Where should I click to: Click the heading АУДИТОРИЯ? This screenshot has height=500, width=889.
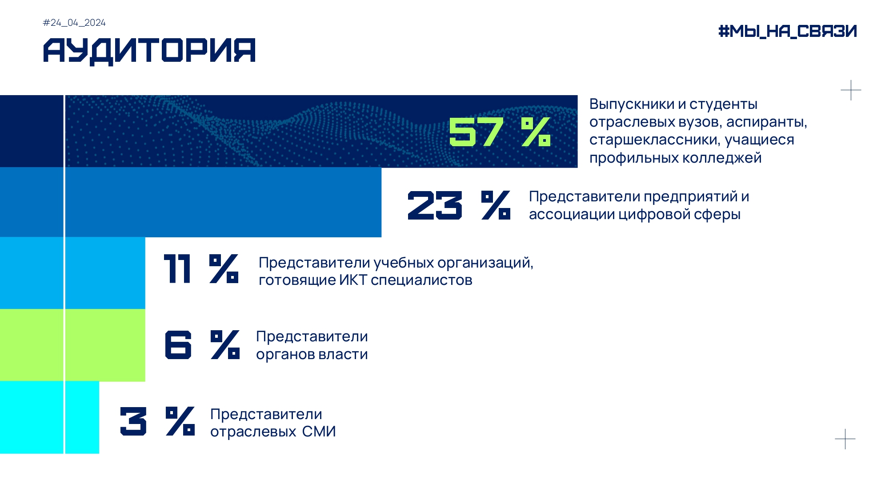[149, 51]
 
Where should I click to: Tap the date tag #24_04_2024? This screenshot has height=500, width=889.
[74, 23]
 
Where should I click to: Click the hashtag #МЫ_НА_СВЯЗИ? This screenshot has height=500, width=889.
[787, 31]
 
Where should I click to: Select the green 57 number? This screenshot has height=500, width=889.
[476, 132]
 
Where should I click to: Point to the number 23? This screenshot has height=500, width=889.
[435, 205]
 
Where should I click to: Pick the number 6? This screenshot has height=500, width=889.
[178, 344]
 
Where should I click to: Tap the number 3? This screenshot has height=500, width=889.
[133, 421]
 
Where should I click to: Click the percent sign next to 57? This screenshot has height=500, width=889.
[536, 132]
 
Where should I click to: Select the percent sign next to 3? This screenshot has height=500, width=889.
[180, 421]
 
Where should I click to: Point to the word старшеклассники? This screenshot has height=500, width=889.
[653, 140]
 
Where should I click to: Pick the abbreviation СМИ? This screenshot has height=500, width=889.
[319, 432]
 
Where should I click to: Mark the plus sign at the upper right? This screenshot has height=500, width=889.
[851, 90]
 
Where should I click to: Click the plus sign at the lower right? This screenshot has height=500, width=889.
[845, 439]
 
